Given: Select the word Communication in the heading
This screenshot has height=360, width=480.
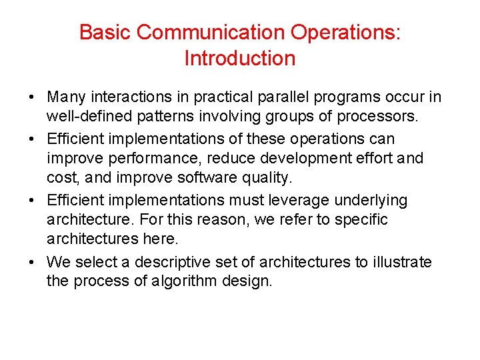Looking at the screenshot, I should click(199, 32).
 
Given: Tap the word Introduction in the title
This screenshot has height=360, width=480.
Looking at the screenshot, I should click(239, 59).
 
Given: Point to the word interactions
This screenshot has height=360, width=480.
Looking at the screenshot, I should click(118, 97).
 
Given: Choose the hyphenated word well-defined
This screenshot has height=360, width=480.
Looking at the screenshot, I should click(85, 117).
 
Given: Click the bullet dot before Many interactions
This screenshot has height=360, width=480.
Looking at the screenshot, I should click(32, 98).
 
